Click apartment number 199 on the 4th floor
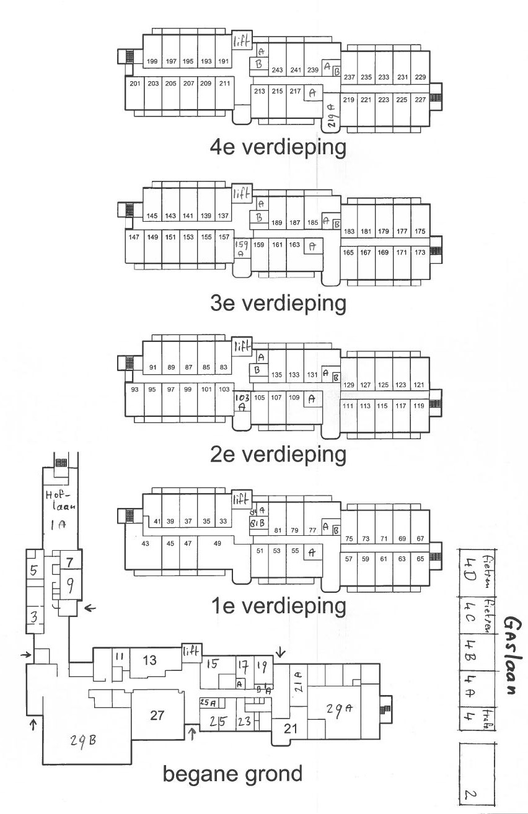click(x=152, y=61)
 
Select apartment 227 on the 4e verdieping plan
click(x=420, y=100)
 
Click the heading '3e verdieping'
click(x=278, y=304)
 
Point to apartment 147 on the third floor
click(x=133, y=237)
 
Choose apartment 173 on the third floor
click(x=420, y=252)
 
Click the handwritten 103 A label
click(x=241, y=403)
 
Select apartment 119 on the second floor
click(x=419, y=406)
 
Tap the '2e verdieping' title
click(x=278, y=454)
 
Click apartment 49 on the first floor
click(x=218, y=543)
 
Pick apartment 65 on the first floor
click(x=421, y=559)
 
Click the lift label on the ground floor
click(x=190, y=651)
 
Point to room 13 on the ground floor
click(x=149, y=660)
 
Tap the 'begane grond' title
click(x=232, y=774)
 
